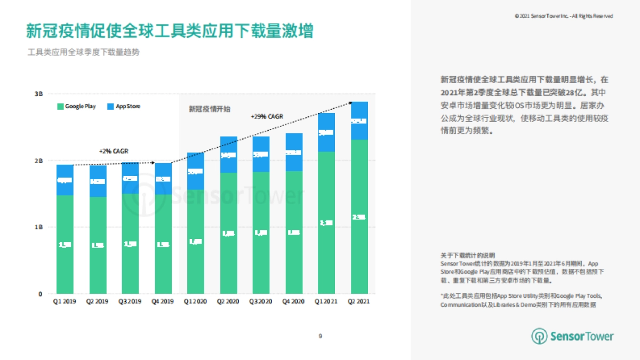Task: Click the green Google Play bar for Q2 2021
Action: [x=359, y=216]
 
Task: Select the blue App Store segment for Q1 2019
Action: [x=65, y=180]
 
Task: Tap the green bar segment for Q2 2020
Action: [x=229, y=233]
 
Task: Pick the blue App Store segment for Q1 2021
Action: [x=326, y=132]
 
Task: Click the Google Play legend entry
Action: [x=77, y=107]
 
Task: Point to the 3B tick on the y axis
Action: [x=38, y=94]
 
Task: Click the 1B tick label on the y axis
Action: [x=38, y=227]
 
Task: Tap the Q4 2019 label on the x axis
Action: [x=163, y=302]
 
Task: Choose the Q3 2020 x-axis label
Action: [x=261, y=302]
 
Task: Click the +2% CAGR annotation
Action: [x=114, y=151]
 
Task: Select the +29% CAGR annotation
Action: [x=267, y=117]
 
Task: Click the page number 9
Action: [x=320, y=336]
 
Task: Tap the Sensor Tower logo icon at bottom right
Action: [x=539, y=336]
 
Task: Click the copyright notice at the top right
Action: [x=564, y=17]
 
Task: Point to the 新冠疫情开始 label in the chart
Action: [x=210, y=109]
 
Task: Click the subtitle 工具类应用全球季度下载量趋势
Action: [x=84, y=53]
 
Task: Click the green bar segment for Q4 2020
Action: [x=294, y=233]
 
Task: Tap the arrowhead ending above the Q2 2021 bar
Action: [x=350, y=102]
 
